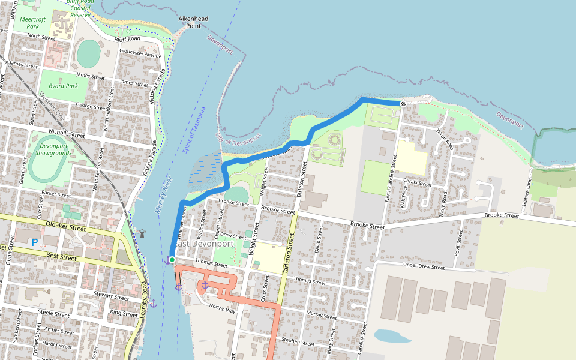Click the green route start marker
172,259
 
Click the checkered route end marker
403,104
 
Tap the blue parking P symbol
35,242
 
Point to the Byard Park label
63,86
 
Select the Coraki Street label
417,183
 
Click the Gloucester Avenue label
141,53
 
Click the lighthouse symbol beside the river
143,233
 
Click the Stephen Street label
298,343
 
